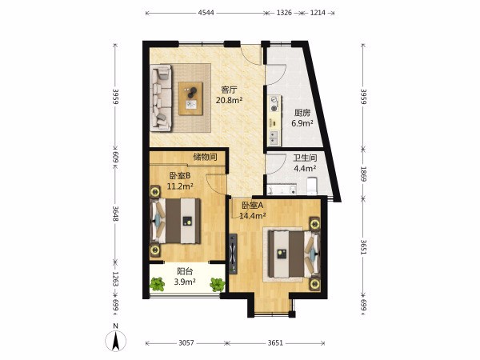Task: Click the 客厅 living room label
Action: (x=230, y=90)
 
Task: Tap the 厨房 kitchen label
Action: (x=302, y=113)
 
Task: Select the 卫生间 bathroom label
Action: (x=305, y=158)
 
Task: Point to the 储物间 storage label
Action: (x=205, y=157)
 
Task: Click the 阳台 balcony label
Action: (x=185, y=271)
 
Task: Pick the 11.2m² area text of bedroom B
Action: (x=180, y=186)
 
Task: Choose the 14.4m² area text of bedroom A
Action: (x=252, y=216)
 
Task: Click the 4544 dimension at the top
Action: (x=206, y=13)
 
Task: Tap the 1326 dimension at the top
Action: (x=284, y=13)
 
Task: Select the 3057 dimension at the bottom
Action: (x=186, y=343)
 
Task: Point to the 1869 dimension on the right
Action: (x=363, y=174)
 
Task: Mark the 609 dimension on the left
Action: (x=115, y=158)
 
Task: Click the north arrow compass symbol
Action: (x=116, y=340)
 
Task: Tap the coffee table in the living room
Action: (x=190, y=98)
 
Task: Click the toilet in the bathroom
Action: (x=312, y=186)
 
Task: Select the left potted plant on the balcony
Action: (x=158, y=284)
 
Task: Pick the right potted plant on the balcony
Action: (x=218, y=284)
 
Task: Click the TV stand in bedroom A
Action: (x=234, y=254)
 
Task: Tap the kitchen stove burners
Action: (x=274, y=104)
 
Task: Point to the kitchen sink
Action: (x=274, y=138)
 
